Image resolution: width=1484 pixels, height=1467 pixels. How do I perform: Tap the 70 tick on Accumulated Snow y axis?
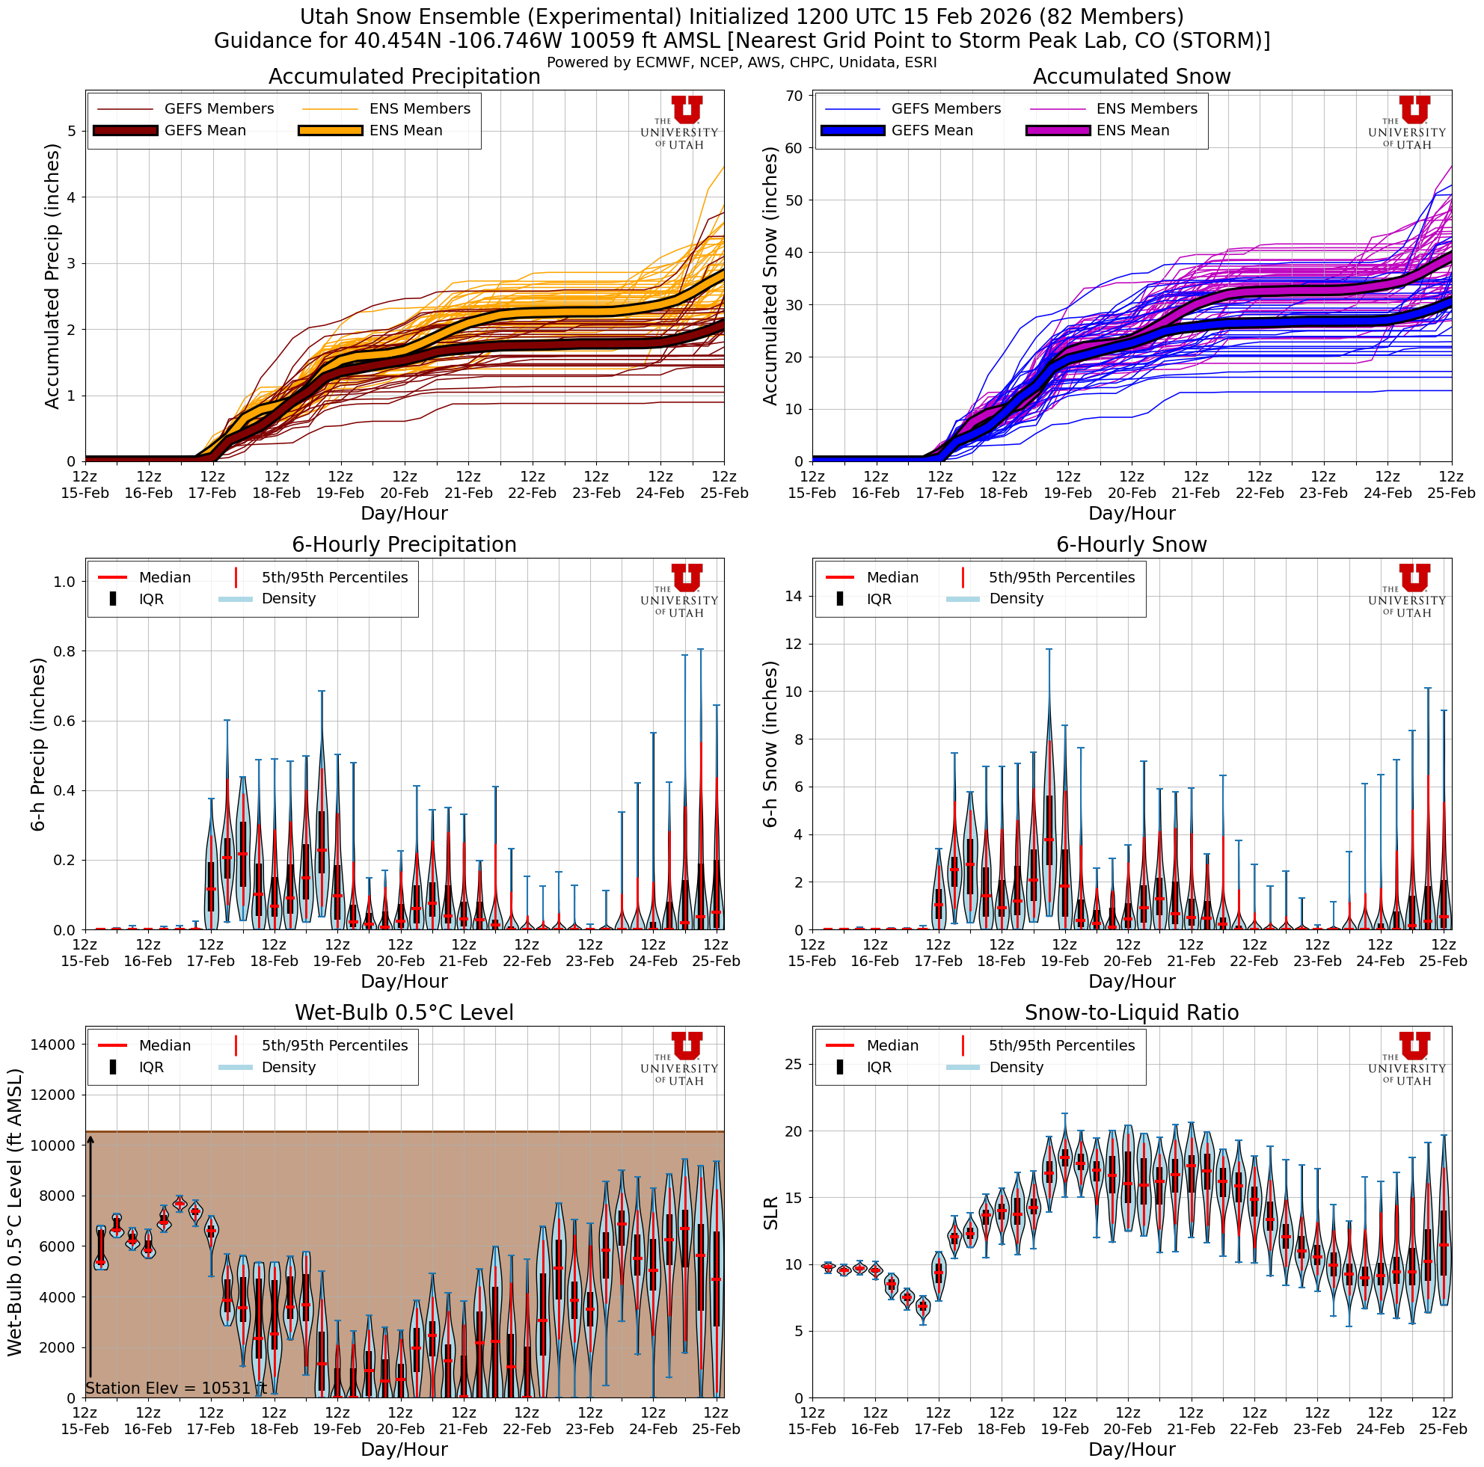[x=794, y=96]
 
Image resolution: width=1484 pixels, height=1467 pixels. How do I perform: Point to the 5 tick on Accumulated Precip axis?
[x=72, y=132]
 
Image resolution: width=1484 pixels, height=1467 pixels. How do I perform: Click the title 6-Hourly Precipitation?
[x=404, y=544]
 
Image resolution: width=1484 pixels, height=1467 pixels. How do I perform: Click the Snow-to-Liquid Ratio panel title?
[x=1132, y=1012]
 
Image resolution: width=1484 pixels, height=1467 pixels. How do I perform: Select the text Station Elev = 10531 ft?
[x=176, y=1388]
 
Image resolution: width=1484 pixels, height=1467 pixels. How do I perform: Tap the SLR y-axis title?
[x=771, y=1213]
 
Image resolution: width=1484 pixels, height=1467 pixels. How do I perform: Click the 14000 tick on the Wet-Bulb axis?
[x=52, y=1045]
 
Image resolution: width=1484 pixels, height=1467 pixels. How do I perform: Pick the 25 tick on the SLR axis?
[x=794, y=1064]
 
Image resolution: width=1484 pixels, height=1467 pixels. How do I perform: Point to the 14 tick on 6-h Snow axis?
[x=794, y=596]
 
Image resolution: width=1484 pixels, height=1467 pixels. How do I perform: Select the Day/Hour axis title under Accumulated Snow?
[x=1132, y=513]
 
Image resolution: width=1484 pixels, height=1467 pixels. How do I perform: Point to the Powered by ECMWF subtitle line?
[x=741, y=62]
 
